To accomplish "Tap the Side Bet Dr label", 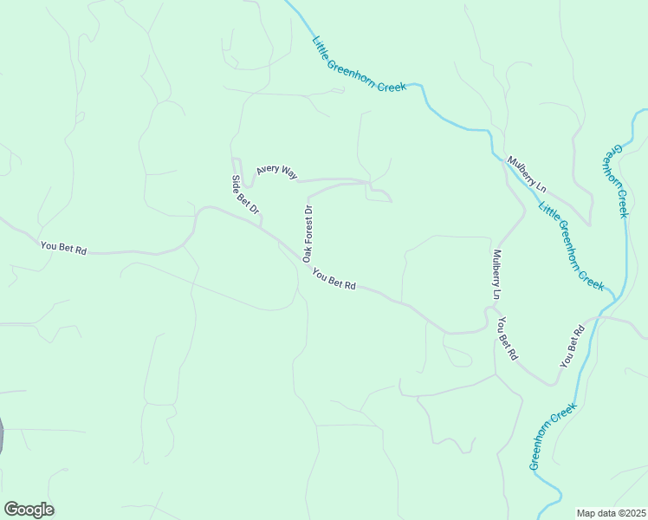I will click(x=246, y=196).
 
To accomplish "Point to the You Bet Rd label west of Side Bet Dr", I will click(x=63, y=248).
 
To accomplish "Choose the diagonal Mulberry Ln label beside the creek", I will click(x=528, y=174).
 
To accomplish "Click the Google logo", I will click(x=29, y=510).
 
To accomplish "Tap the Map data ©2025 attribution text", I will click(x=612, y=513).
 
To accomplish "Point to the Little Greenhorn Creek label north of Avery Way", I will click(x=359, y=64).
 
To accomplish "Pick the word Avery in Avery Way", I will click(x=268, y=169).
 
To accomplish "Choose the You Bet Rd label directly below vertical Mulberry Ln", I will click(x=507, y=338).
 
